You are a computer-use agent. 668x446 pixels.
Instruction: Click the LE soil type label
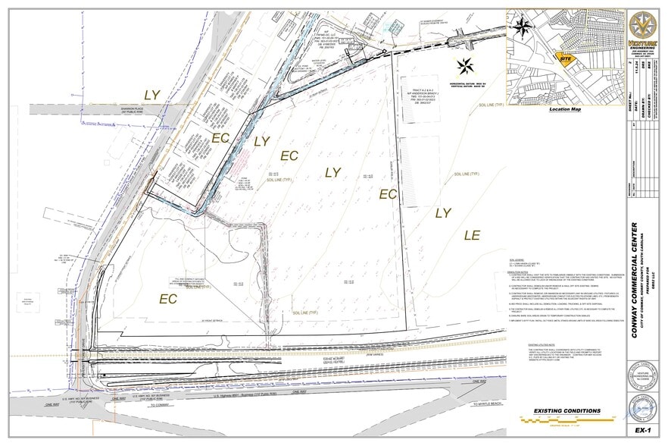473,236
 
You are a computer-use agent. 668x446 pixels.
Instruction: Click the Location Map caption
565,109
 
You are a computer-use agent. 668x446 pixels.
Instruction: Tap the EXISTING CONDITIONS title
568,410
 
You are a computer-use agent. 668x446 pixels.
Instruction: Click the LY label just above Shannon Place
152,95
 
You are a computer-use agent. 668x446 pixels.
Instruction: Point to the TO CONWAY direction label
161,406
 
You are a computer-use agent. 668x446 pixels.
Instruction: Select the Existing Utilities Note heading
544,344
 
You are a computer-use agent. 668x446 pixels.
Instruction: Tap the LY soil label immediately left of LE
443,213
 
